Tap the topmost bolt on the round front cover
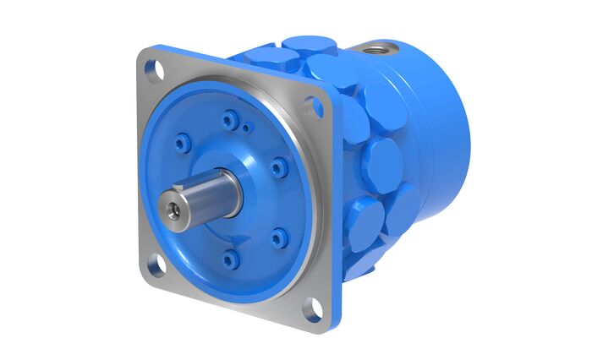click(x=227, y=121)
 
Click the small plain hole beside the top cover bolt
click(x=246, y=128)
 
